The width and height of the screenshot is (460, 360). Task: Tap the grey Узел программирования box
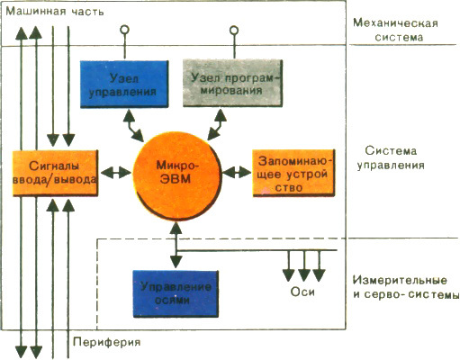236,84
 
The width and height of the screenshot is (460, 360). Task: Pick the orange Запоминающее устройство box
285,172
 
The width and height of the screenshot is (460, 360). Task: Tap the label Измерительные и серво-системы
402,287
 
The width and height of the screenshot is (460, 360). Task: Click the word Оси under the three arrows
302,292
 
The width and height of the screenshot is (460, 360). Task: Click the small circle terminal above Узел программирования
233,31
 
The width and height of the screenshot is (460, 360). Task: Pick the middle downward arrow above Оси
302,266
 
